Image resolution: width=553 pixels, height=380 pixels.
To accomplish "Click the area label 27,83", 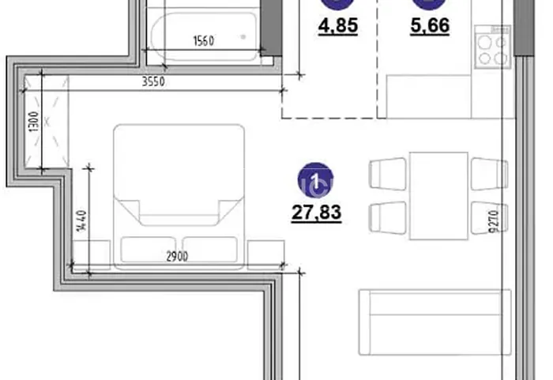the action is coord(316,213).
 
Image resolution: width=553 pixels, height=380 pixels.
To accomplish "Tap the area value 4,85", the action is coord(338,26).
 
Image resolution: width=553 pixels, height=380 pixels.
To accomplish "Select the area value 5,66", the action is coord(430,26).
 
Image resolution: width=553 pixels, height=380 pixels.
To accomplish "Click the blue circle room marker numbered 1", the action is coord(316,180).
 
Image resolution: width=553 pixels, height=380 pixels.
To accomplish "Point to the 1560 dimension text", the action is coord(204,41).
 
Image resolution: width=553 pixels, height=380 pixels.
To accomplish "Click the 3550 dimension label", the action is coord(153,82).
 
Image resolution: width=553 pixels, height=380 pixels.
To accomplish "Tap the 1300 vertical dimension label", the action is coord(33,122).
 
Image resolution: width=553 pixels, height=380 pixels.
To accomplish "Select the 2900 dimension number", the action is coord(177,257).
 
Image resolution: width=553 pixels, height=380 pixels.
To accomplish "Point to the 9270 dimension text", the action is coord(495,221).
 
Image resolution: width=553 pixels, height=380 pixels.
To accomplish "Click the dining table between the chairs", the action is coord(438,196).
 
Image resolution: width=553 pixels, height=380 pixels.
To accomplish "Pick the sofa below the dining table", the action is coord(434,322).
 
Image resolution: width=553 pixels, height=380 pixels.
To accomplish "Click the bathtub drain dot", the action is coord(243,36).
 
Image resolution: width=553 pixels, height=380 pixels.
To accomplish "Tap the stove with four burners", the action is coord(493,47).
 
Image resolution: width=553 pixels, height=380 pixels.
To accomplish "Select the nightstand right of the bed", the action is coord(266,254).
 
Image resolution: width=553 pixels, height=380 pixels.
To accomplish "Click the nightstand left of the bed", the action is coord(91,254).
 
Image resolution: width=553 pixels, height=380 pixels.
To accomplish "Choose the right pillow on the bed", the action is coord(210,250).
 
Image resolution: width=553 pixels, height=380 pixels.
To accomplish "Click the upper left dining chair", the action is coord(388,175).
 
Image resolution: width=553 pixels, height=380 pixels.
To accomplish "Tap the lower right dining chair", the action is coord(490,218).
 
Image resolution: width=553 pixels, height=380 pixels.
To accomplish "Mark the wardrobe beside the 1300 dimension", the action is coord(47,122).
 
